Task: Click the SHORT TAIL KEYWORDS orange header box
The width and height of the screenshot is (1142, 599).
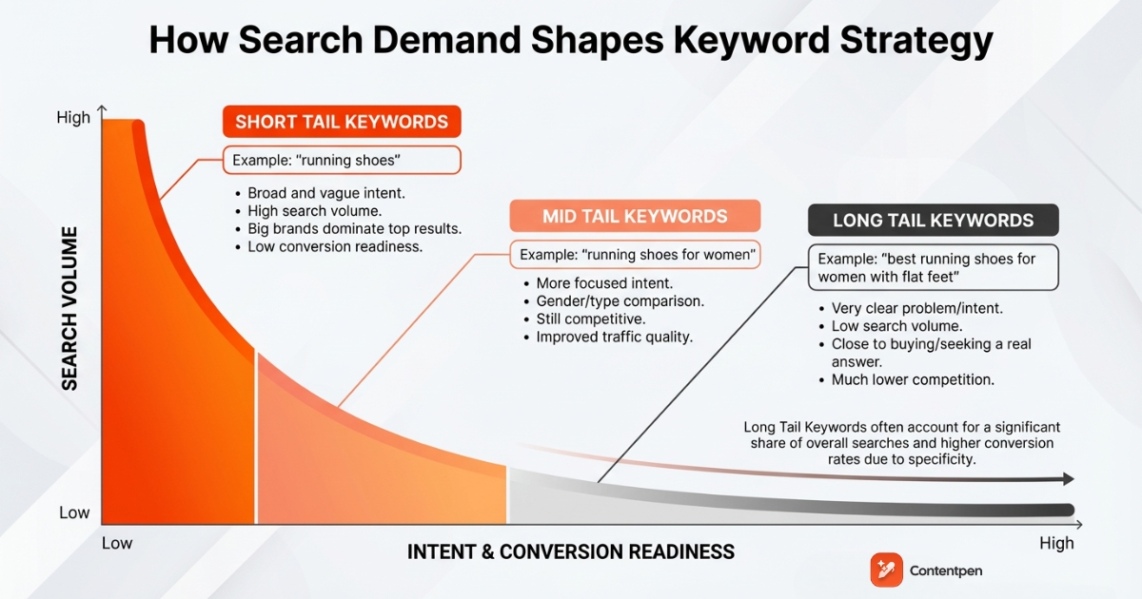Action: tap(342, 122)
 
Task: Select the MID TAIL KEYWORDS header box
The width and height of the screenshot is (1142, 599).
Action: tap(635, 216)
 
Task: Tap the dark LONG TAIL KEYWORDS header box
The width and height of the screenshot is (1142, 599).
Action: tap(933, 221)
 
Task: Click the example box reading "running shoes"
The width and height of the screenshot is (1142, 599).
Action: tap(342, 160)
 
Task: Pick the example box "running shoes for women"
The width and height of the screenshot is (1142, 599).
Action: tap(635, 255)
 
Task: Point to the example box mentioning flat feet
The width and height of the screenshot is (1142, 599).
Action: tap(933, 268)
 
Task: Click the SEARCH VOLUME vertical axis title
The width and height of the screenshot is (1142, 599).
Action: tap(69, 308)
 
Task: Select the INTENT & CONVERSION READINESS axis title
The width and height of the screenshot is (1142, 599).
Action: tap(571, 551)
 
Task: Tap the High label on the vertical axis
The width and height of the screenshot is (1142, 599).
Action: tap(73, 118)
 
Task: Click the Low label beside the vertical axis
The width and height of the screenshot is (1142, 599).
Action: tap(74, 512)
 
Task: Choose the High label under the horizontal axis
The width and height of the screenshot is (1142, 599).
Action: tap(1056, 543)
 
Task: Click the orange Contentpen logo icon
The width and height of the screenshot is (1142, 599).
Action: tap(886, 570)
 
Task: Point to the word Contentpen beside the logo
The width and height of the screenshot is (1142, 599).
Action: tap(947, 570)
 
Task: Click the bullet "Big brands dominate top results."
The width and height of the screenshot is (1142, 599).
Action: tap(354, 229)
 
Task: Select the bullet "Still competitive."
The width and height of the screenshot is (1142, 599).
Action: tap(590, 319)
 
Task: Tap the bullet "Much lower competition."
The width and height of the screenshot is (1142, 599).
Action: tap(912, 379)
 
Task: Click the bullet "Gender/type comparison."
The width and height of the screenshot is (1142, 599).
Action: tap(620, 300)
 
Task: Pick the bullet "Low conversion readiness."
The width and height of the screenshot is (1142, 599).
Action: tap(334, 246)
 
